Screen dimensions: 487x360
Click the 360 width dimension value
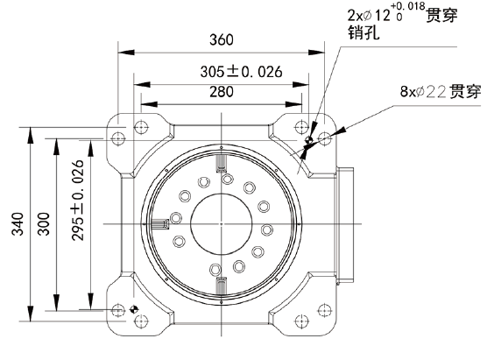coord(221,39)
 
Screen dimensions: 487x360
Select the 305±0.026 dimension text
coord(241,72)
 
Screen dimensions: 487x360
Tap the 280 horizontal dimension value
coord(221,92)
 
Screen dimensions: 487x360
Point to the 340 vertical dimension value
coord(18,224)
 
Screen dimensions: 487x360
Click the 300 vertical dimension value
coord(44,224)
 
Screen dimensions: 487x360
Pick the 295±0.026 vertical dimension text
coord(78,201)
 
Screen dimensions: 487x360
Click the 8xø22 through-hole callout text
coord(441,91)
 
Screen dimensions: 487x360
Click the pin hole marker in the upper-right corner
coord(308,139)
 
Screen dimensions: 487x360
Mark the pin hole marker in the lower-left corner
coord(134,309)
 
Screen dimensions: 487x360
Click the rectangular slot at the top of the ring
coord(221,164)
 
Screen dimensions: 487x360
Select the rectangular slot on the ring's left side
coord(160,224)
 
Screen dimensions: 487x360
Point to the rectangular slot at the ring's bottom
coord(221,286)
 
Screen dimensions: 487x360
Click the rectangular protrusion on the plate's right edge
coord(345,225)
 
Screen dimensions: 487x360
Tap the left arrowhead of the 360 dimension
coord(126,52)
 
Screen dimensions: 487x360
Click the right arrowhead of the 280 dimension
coord(293,104)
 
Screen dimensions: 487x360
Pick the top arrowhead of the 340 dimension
coord(30,136)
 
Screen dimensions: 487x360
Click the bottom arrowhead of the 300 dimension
coord(56,302)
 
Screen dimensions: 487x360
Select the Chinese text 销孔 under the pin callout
coord(363,32)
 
